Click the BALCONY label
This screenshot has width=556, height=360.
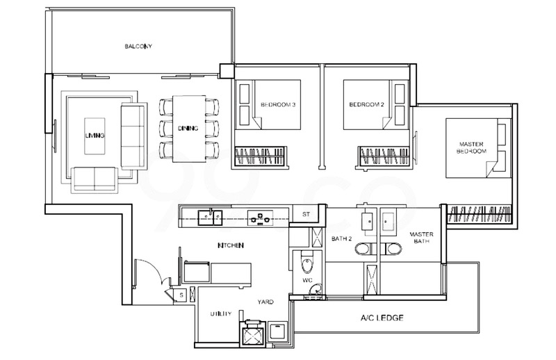pyautogui.click(x=138, y=46)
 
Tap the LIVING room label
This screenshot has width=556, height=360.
pyautogui.click(x=95, y=136)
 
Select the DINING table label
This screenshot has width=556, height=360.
pyautogui.click(x=188, y=129)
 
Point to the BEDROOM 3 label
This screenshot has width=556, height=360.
pyautogui.click(x=278, y=105)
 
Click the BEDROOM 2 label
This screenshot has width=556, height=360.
pyautogui.click(x=367, y=105)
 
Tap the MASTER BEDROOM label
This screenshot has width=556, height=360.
pyautogui.click(x=471, y=147)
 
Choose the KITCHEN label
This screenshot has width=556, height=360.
pyautogui.click(x=231, y=245)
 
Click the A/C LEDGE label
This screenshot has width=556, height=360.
pyautogui.click(x=382, y=318)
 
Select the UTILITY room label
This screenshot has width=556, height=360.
pyautogui.click(x=221, y=313)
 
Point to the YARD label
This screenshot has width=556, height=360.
pyautogui.click(x=265, y=302)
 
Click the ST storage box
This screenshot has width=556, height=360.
pyautogui.click(x=306, y=214)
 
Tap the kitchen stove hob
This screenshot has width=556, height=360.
pyautogui.click(x=260, y=217)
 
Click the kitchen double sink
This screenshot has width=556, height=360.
pyautogui.click(x=211, y=218)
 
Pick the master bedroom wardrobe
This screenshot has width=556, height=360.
pyautogui.click(x=479, y=214)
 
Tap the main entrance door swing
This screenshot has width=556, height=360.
pyautogui.click(x=152, y=271)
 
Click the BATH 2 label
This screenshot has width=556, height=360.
pyautogui.click(x=341, y=238)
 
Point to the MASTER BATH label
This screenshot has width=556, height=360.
pyautogui.click(x=422, y=238)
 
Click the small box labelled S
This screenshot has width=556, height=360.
pyautogui.click(x=181, y=295)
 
